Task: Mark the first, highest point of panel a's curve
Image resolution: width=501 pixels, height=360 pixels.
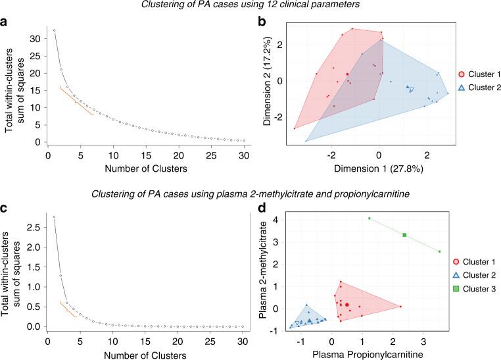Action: point(54,30)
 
